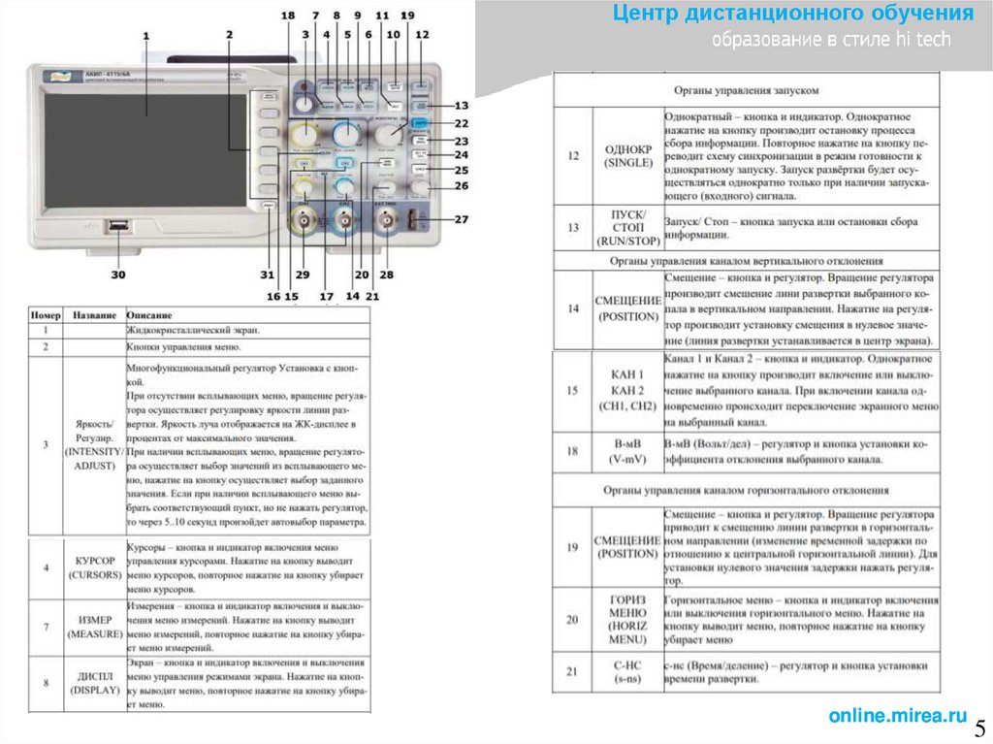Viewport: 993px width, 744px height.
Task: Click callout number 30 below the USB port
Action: coord(118,275)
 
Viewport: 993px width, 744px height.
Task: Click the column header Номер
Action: coord(46,315)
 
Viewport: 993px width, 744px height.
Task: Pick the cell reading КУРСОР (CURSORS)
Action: coord(95,567)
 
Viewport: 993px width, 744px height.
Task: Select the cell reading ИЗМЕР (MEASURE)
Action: coord(95,627)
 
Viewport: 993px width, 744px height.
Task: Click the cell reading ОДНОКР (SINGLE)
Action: coord(628,156)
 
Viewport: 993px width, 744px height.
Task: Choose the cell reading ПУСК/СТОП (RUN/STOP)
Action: coord(628,227)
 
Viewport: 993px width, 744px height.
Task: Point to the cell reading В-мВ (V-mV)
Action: coord(628,451)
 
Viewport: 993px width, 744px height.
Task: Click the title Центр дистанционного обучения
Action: coord(792,14)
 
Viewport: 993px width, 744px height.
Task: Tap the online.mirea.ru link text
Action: coord(898,716)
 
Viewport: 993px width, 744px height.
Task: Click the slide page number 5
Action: coord(978,728)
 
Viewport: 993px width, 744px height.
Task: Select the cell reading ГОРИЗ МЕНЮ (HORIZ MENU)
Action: coord(628,620)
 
